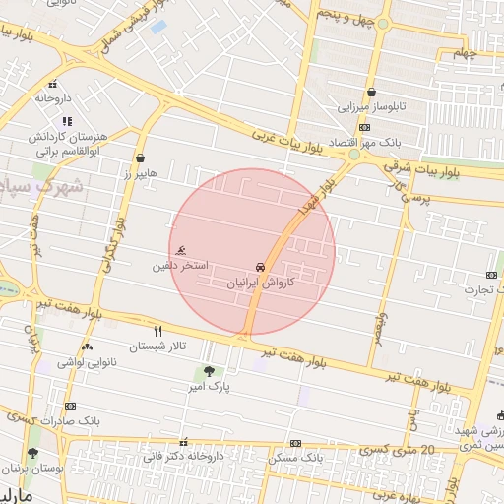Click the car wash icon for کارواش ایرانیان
[260, 268]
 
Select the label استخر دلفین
[180, 266]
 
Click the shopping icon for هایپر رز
[140, 157]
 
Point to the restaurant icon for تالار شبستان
[157, 331]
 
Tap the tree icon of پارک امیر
[208, 372]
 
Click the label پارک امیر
[212, 388]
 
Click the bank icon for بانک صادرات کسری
[70, 406]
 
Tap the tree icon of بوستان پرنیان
[34, 454]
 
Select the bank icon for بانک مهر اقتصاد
[364, 128]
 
